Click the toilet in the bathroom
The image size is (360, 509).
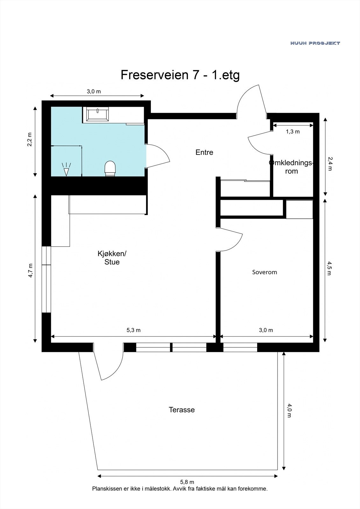click(x=110, y=168)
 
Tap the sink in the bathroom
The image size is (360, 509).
click(x=96, y=114)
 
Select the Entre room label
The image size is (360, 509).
click(x=204, y=152)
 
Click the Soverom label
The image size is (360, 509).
click(x=265, y=272)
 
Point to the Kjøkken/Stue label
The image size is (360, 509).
click(x=112, y=258)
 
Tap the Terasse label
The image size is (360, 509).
click(x=181, y=410)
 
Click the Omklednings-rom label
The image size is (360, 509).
click(x=291, y=167)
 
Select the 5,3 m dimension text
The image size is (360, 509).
click(x=133, y=330)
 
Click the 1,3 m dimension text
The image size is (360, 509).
click(x=293, y=131)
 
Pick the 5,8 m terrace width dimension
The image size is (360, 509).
click(x=187, y=483)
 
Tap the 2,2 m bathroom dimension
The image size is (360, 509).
click(x=30, y=140)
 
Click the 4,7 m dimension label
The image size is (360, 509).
click(x=30, y=270)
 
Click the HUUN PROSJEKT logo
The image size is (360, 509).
click(x=315, y=43)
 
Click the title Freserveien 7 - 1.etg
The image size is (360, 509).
click(x=180, y=75)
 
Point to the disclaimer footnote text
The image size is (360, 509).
click(x=180, y=489)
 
